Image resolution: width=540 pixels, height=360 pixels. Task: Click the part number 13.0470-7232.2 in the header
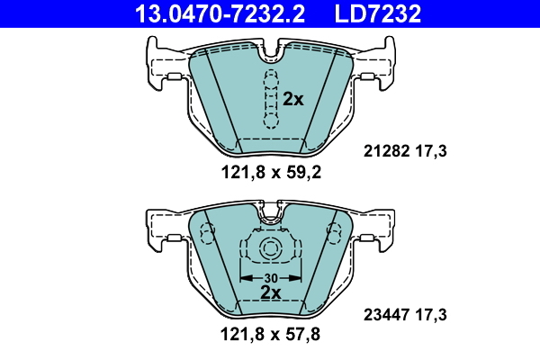[x=209, y=13]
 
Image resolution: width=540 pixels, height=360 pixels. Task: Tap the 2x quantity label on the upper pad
[x=293, y=99]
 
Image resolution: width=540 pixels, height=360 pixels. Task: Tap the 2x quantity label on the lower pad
[x=270, y=293]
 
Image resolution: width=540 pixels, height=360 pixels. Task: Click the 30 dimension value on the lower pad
[x=270, y=277]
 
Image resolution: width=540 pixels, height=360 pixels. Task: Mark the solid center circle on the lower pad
[x=270, y=250]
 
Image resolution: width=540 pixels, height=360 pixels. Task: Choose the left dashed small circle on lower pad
[x=208, y=235]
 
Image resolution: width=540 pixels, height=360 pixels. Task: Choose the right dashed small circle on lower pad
[x=332, y=235]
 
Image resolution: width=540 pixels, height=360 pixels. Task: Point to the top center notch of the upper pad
[x=270, y=54]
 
